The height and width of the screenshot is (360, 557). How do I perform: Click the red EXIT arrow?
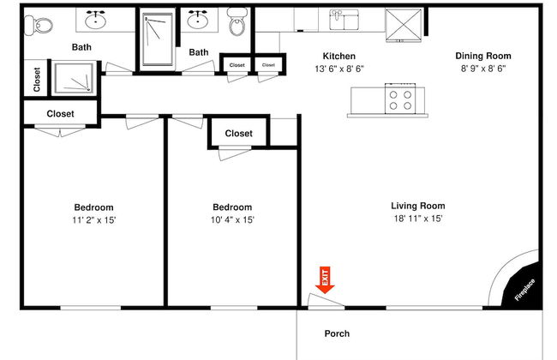click(325, 279)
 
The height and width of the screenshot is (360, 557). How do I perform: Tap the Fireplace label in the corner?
click(524, 290)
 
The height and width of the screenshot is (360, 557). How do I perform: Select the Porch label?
click(337, 333)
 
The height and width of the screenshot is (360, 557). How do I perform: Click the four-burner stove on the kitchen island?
click(400, 99)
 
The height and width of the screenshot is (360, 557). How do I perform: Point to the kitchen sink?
click(344, 20)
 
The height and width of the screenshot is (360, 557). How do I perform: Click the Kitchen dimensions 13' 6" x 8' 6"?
click(339, 69)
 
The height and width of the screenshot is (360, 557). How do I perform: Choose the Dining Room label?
click(483, 57)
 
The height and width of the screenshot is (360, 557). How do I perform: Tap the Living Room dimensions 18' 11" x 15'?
click(418, 219)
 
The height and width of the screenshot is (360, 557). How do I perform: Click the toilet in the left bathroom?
click(39, 25)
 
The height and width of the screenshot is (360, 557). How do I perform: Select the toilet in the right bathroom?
click(237, 22)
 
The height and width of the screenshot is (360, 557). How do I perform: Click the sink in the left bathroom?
click(96, 20)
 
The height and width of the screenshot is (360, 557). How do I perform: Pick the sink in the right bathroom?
click(198, 20)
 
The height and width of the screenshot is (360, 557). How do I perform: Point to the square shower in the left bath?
click(74, 78)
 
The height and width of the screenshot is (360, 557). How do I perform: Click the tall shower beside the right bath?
click(158, 39)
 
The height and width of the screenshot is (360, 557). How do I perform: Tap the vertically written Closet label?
click(37, 79)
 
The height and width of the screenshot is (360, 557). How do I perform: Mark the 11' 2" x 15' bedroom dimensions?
click(94, 220)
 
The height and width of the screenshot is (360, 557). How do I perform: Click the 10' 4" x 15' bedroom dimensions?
click(232, 220)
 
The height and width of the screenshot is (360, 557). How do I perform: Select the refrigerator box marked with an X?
click(404, 25)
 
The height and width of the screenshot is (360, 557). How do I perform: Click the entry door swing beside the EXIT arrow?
click(326, 301)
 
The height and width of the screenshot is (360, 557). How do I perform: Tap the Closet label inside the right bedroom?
click(239, 134)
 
